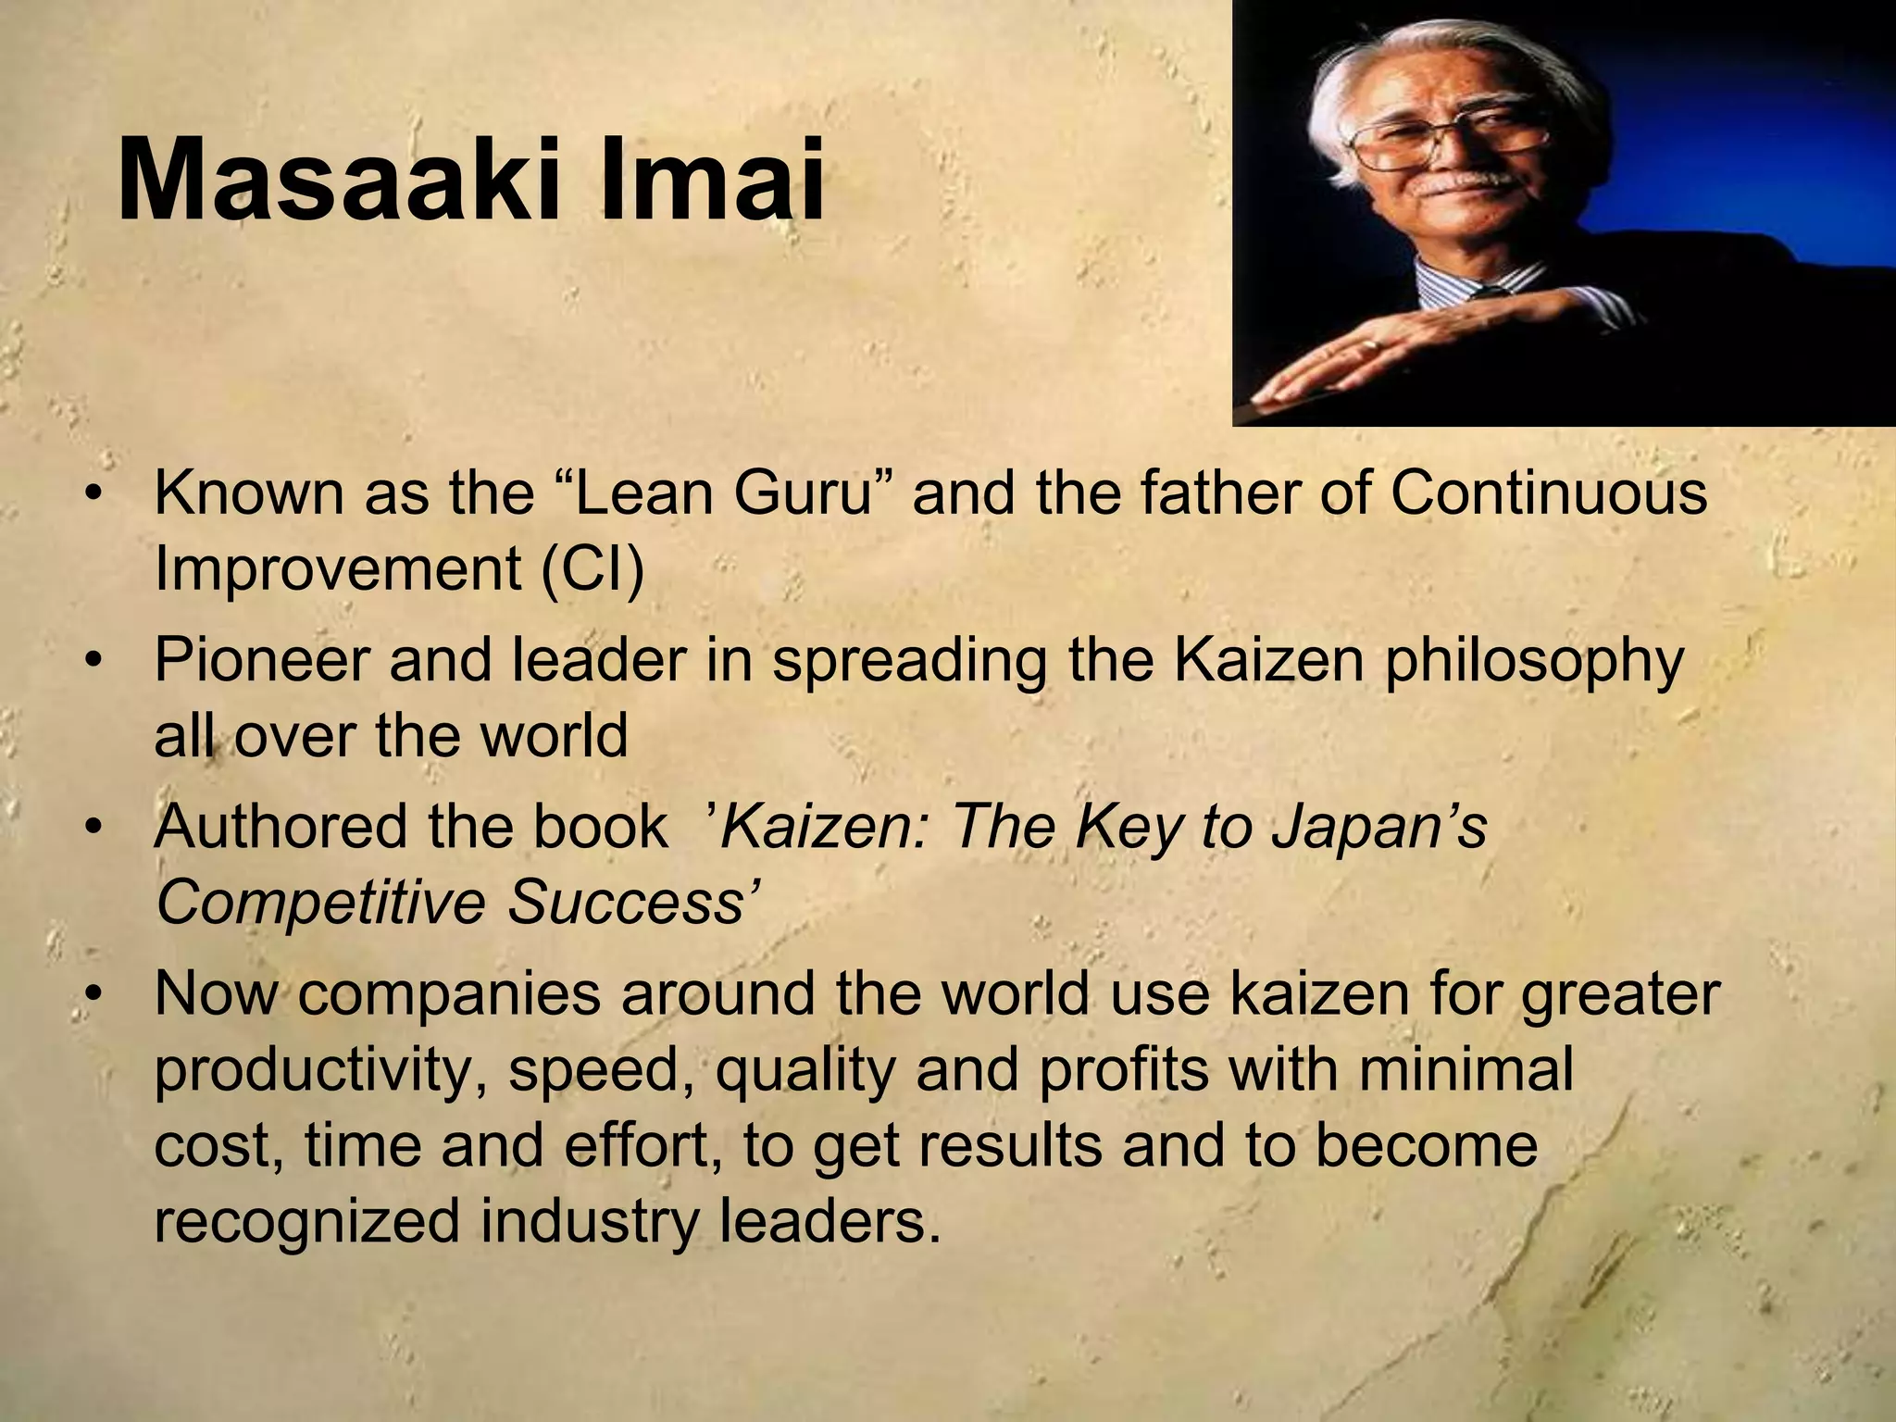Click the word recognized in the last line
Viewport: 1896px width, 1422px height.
[306, 1222]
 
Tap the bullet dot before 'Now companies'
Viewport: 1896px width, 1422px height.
[93, 996]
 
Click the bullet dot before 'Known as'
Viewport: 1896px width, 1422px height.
[93, 494]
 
